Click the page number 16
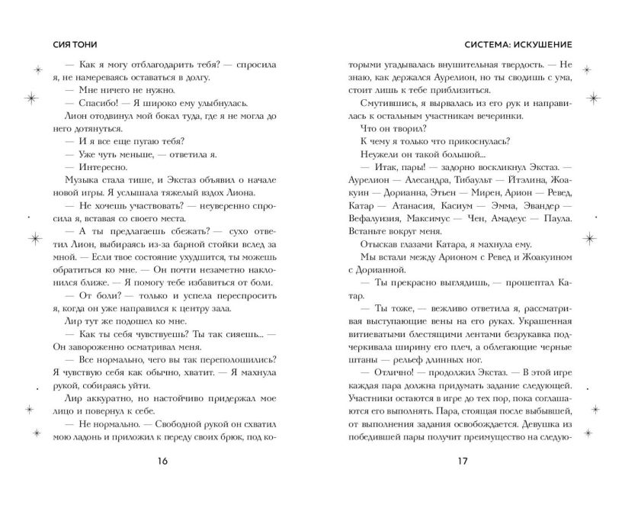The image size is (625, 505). point(162,461)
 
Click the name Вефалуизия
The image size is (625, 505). point(370,219)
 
